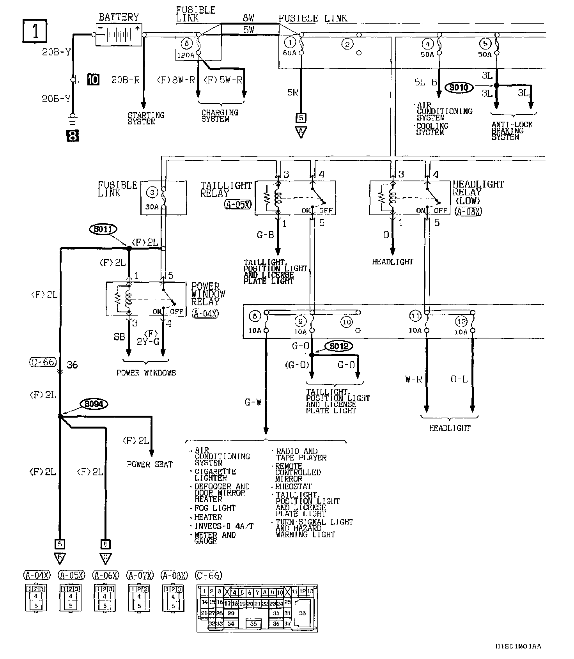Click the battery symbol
[x=119, y=35]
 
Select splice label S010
[x=459, y=87]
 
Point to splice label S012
[x=338, y=346]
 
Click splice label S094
[x=94, y=404]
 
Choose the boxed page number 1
[x=35, y=31]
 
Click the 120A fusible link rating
[x=186, y=56]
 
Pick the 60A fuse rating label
[x=289, y=53]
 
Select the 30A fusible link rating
[x=152, y=207]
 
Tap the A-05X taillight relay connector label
[x=237, y=204]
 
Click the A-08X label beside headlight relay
[x=468, y=211]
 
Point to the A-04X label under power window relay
[x=205, y=313]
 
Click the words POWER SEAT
[x=150, y=464]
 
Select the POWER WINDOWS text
[x=146, y=373]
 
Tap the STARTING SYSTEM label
[x=146, y=118]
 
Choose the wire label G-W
[x=253, y=402]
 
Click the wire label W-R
[x=413, y=379]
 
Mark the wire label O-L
[x=459, y=379]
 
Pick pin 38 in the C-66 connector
[x=302, y=613]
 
